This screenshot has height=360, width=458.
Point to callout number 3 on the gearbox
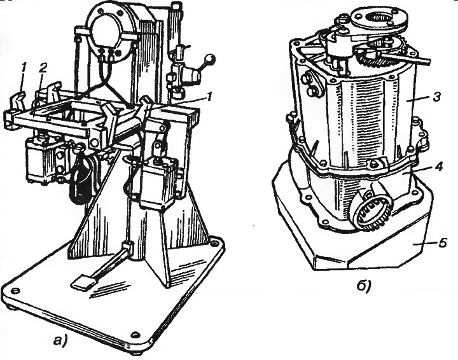pos(436,97)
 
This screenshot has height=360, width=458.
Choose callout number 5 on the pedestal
pos(443,242)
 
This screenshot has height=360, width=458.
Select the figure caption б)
pos(364,286)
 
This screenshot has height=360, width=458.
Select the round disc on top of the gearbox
pos(379,18)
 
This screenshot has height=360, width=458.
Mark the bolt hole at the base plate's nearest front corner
pos(135,334)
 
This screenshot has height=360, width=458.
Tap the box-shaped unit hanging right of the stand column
pos(158,182)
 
